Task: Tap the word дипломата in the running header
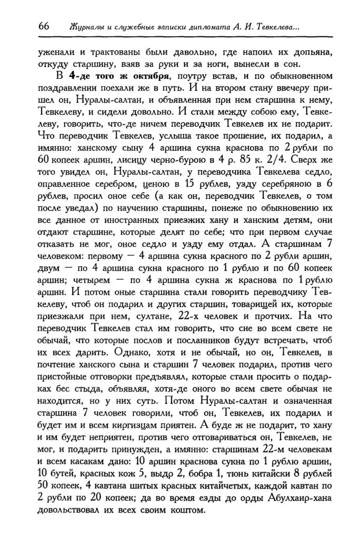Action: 204,27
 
